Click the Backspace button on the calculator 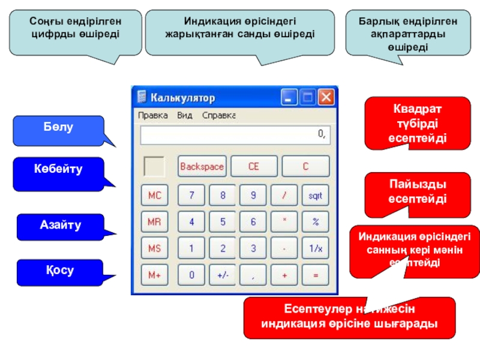tap(202, 166)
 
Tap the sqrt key tap(315, 195)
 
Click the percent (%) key tap(315, 221)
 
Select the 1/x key tap(315, 248)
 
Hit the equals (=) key tap(315, 275)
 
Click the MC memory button tap(154, 195)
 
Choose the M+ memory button tap(154, 275)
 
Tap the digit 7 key tap(191, 195)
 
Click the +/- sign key tap(223, 275)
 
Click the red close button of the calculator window tap(326, 97)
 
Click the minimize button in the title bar tap(290, 97)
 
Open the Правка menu tap(153, 115)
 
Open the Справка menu tap(218, 115)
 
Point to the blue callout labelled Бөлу tap(58, 129)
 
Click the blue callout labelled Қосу tap(58, 271)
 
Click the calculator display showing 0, tap(235, 135)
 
